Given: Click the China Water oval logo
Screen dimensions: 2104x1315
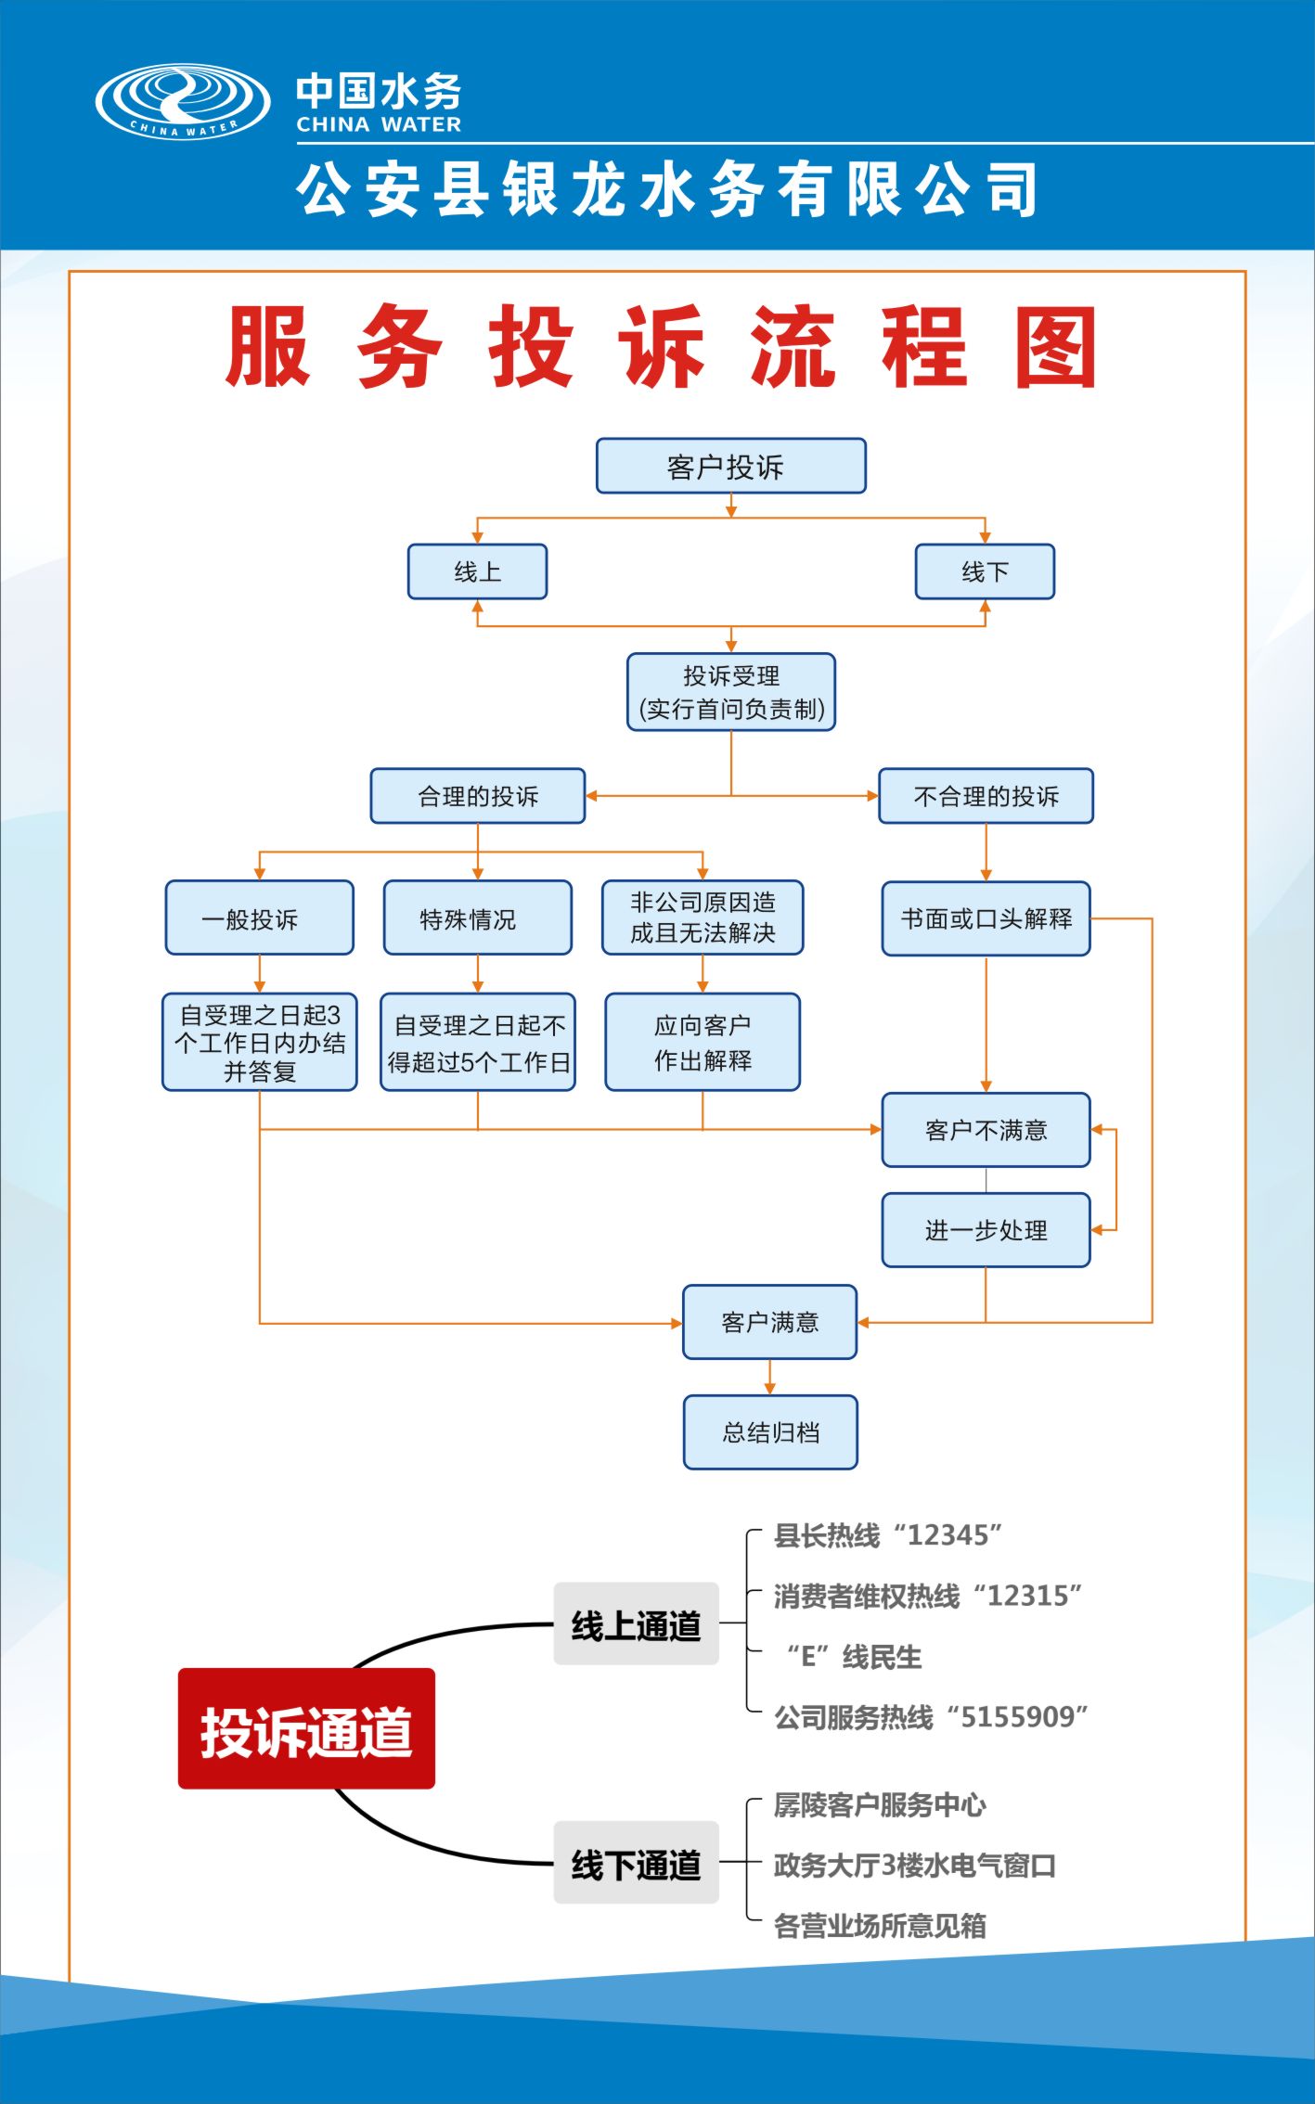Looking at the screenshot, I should (x=183, y=102).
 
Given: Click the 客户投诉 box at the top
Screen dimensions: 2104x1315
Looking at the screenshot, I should (x=730, y=466).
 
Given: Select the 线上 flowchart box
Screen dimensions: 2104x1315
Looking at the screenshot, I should (x=477, y=571).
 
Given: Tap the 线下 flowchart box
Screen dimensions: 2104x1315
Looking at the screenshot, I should (x=985, y=571).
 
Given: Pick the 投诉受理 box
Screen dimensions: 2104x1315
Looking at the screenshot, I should (x=730, y=692).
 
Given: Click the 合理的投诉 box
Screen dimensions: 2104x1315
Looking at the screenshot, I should (x=477, y=796).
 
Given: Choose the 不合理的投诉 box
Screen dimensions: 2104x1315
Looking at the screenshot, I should (x=986, y=796).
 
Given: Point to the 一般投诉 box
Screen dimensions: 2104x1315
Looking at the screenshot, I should (x=259, y=918).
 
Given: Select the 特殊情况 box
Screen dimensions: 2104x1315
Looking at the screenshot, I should (x=477, y=918).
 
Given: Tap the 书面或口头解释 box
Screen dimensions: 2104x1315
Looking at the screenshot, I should (x=986, y=918).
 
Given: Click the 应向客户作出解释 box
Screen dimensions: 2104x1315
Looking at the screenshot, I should (x=703, y=1042).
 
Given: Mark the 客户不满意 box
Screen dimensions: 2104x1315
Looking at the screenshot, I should (x=986, y=1130).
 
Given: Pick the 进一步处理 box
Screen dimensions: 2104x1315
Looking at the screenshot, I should (x=986, y=1230).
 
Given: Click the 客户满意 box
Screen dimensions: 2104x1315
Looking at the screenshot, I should (x=769, y=1322).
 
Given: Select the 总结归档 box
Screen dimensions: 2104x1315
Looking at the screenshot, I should (x=770, y=1432).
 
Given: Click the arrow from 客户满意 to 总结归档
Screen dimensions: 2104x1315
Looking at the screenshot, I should (x=769, y=1378).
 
